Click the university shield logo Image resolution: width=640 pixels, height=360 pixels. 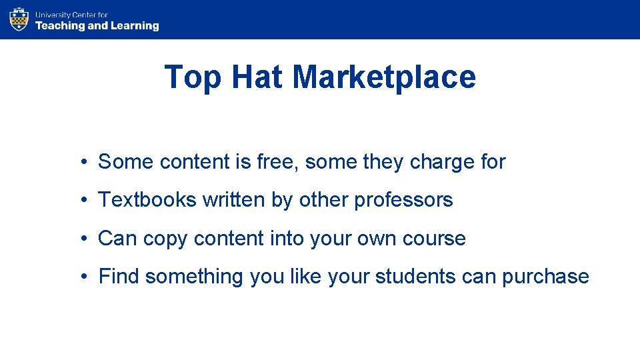coord(19,19)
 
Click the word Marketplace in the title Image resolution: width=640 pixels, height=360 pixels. coord(384,77)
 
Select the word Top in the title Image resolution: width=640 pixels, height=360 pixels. coord(193,77)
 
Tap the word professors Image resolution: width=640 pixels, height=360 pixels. coord(403,200)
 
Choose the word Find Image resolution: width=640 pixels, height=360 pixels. coord(119,276)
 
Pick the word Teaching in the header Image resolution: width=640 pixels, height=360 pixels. coord(60,26)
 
